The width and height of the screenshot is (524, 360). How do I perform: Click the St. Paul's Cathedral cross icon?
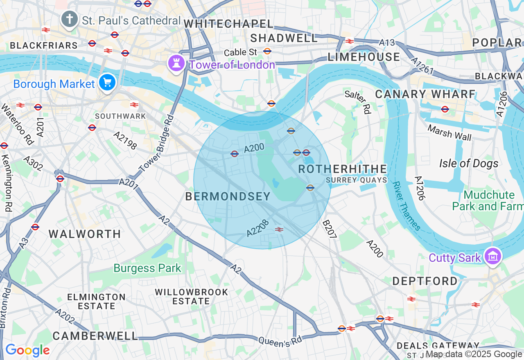[x=70, y=19]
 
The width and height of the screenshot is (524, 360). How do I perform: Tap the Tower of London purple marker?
[x=176, y=63]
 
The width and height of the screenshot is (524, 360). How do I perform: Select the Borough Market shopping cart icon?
[x=107, y=83]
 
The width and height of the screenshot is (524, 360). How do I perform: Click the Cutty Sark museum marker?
[x=493, y=256]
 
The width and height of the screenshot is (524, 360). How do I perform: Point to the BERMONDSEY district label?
[x=228, y=197]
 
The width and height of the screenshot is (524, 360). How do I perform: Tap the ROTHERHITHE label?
[x=342, y=169]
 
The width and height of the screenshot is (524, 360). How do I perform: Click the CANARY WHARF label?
[x=425, y=94]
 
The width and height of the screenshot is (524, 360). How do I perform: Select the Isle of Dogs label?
[x=469, y=164]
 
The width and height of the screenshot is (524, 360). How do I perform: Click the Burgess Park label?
[x=147, y=268]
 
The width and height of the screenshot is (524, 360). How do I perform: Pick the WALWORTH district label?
[x=85, y=234]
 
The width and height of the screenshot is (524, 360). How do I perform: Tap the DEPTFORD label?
[x=425, y=281]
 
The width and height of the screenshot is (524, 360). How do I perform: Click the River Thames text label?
[x=406, y=206]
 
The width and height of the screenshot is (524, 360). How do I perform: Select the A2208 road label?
[x=258, y=228]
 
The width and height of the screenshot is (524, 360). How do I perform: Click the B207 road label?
[x=329, y=230]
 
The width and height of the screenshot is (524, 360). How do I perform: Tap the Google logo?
[x=27, y=350]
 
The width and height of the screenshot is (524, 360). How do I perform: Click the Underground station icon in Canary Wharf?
[x=445, y=109]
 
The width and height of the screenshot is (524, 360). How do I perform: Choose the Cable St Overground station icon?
[x=267, y=51]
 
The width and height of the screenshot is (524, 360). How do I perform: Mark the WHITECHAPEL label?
[x=228, y=24]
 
